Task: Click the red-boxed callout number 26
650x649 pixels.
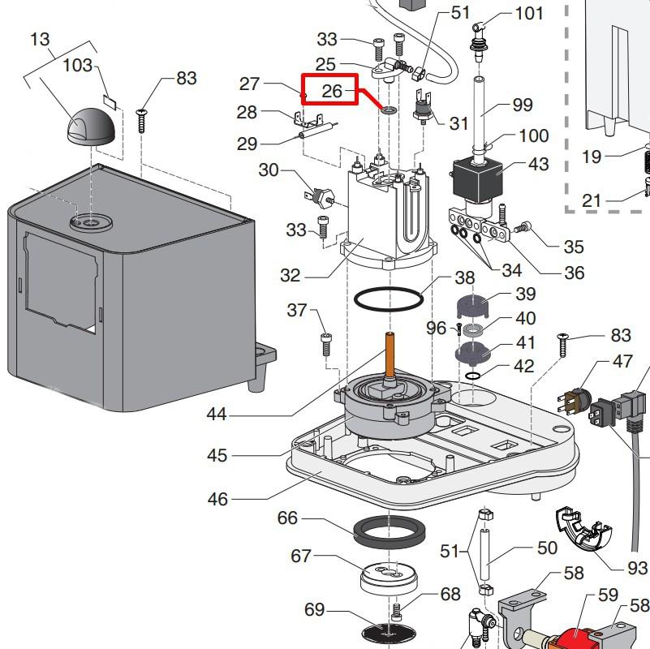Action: click(x=332, y=91)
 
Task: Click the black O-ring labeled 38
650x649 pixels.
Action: click(x=389, y=299)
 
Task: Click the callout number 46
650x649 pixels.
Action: click(x=217, y=499)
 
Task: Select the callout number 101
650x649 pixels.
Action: click(x=529, y=14)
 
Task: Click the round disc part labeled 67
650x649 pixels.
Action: click(x=389, y=578)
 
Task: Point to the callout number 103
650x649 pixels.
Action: click(x=78, y=65)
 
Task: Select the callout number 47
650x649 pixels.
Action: click(x=622, y=362)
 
